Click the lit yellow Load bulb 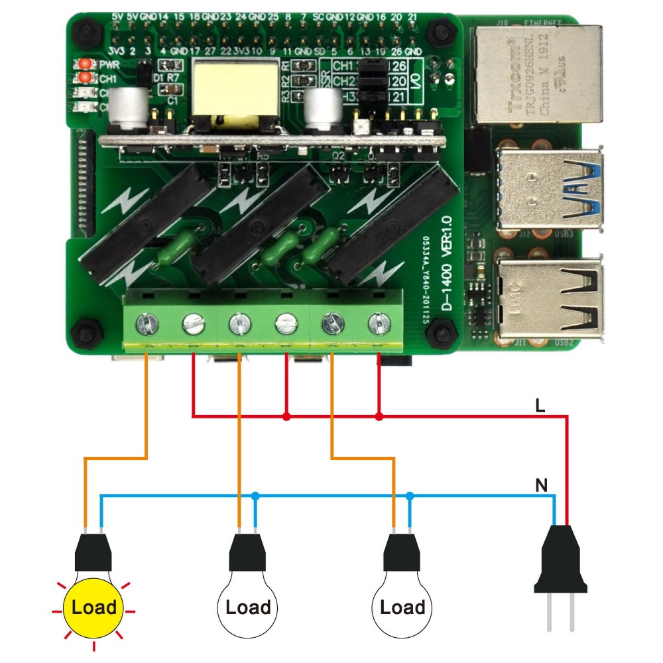click(x=93, y=607)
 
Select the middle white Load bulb click(x=247, y=607)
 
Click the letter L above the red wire click(x=540, y=406)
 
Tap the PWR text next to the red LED click(x=109, y=65)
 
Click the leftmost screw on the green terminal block click(x=145, y=324)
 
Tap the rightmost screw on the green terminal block click(x=378, y=324)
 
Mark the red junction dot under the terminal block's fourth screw click(x=286, y=416)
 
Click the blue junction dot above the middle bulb click(x=255, y=495)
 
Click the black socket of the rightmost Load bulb click(x=401, y=552)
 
